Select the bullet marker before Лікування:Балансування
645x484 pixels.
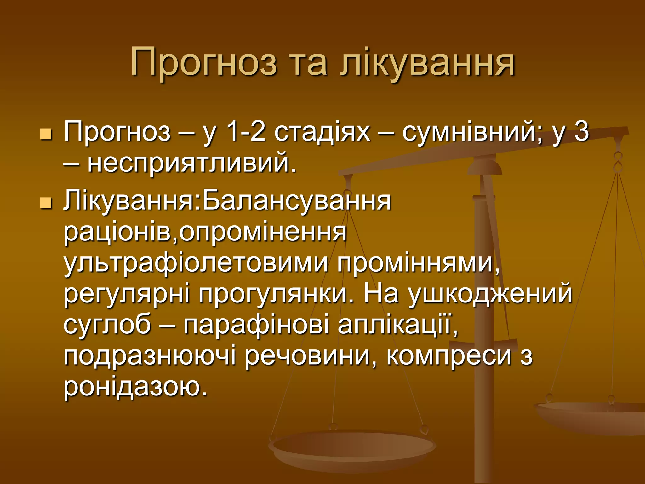point(46,203)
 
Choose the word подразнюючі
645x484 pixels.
point(150,356)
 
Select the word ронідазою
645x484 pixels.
point(135,387)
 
